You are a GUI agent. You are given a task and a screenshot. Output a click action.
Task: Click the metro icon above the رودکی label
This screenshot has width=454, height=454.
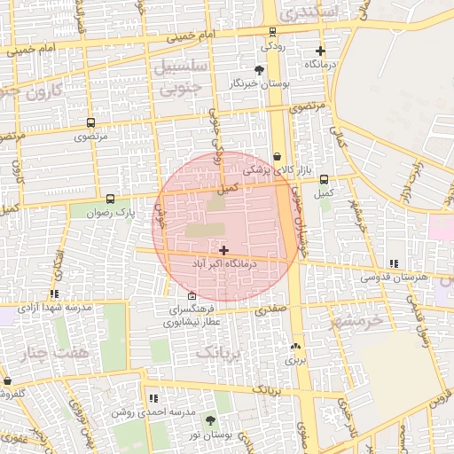pyautogui.click(x=272, y=32)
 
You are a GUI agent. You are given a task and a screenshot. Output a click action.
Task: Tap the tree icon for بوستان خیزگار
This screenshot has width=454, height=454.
pyautogui.click(x=259, y=69)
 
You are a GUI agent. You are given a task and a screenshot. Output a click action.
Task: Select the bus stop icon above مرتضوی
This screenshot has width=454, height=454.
pyautogui.click(x=90, y=123)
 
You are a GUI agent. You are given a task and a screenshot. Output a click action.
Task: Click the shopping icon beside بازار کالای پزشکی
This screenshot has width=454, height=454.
pyautogui.click(x=277, y=156)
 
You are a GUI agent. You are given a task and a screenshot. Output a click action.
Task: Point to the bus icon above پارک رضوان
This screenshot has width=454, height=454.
pyautogui.click(x=110, y=200)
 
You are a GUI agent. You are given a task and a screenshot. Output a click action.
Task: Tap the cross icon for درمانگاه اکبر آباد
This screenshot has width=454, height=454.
pyautogui.click(x=223, y=251)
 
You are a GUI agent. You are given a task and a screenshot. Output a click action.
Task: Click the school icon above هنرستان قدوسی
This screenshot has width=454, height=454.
pyautogui.click(x=394, y=263)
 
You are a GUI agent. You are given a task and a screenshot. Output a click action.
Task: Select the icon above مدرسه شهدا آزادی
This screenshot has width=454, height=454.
pyautogui.click(x=55, y=294)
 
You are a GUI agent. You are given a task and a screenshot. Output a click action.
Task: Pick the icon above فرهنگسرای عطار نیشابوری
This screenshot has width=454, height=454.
pyautogui.click(x=192, y=296)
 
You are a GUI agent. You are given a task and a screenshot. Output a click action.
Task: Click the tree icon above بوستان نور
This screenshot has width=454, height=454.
pyautogui.click(x=210, y=420)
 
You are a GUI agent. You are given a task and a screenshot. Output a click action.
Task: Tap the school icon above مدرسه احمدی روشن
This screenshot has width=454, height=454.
pyautogui.click(x=153, y=400)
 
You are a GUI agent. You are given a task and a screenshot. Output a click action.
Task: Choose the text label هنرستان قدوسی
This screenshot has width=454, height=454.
pyautogui.click(x=394, y=277)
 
